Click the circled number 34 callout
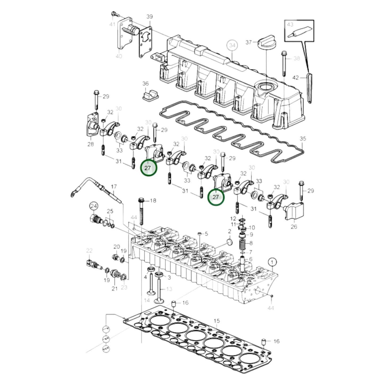click(232, 46)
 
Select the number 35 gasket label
click(303, 139)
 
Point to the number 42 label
click(296, 78)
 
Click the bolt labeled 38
click(284, 63)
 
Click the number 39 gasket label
click(149, 17)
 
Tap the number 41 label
click(112, 24)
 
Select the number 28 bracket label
click(91, 144)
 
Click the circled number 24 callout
click(94, 206)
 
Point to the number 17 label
click(114, 187)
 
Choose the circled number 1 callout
click(272, 262)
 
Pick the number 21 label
click(115, 289)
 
